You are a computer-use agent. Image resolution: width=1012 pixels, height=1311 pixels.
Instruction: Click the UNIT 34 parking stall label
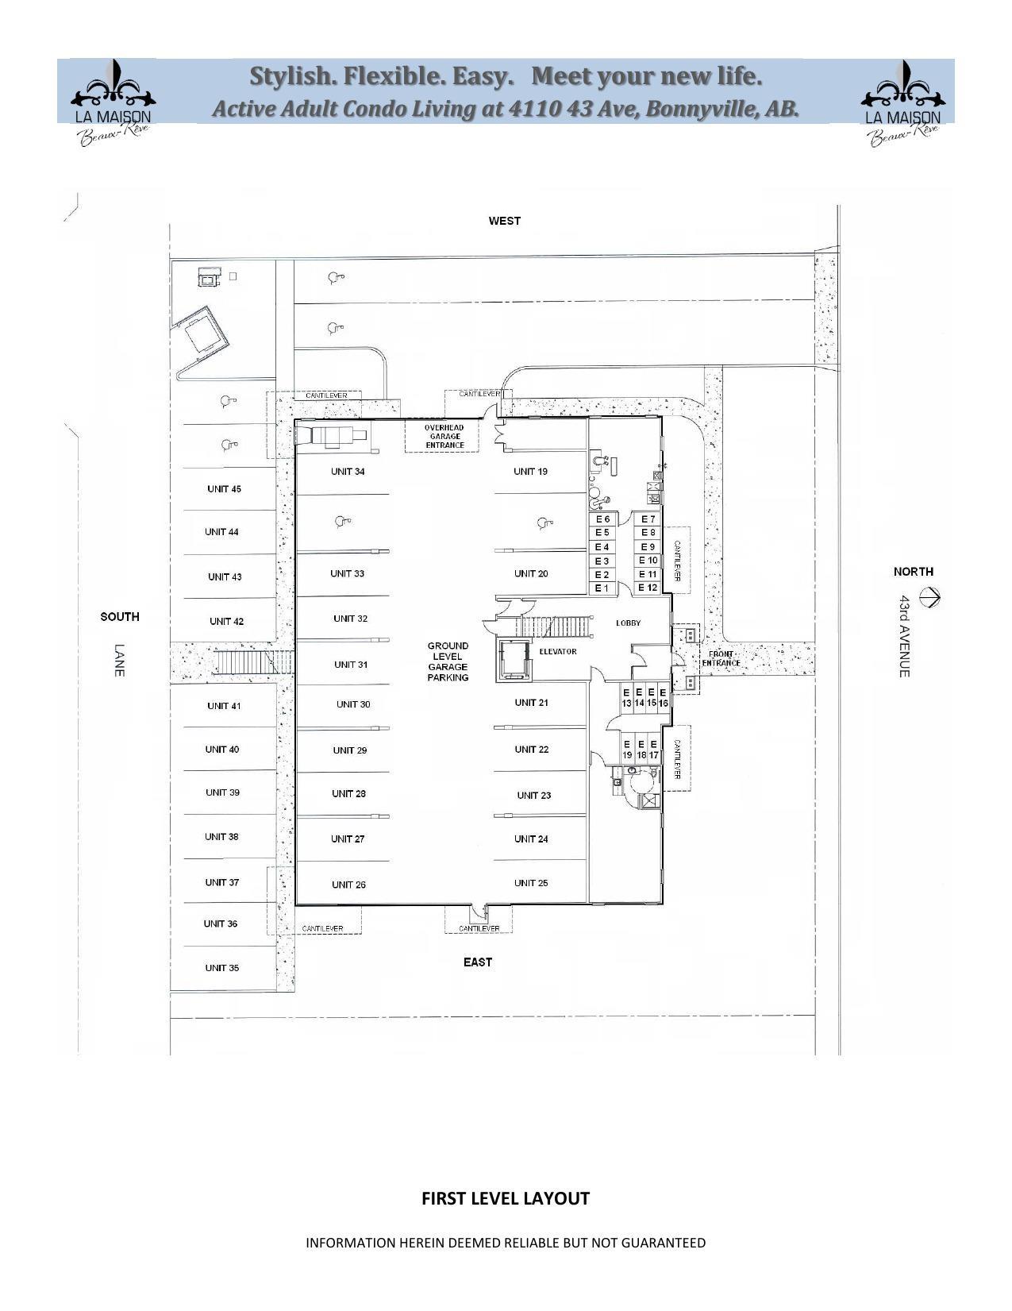pos(348,472)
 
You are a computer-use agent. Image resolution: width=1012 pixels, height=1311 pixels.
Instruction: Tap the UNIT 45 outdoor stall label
pos(224,489)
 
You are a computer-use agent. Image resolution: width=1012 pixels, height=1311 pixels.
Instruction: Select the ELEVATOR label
pos(558,652)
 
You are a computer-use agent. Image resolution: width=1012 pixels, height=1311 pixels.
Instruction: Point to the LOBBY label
pos(628,623)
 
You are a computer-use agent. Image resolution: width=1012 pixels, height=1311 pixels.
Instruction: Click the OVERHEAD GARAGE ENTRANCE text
pos(444,437)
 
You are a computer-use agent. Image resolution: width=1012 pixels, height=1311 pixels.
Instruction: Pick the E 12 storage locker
pos(648,588)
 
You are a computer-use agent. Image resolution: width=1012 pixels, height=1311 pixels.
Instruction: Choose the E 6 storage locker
pos(602,519)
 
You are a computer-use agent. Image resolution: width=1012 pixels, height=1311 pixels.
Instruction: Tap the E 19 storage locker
pos(627,750)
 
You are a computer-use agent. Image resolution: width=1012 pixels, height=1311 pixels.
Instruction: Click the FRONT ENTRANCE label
pos(721,659)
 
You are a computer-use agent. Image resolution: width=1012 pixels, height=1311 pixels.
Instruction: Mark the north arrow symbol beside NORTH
pos(929,596)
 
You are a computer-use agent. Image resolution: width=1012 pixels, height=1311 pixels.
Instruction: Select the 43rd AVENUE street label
pos(904,636)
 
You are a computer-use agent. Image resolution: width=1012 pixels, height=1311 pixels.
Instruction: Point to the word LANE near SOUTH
pos(120,660)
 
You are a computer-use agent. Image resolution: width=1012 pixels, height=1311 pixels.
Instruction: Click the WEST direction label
pos(504,221)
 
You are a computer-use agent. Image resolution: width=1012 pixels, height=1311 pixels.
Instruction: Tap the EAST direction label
pos(478,962)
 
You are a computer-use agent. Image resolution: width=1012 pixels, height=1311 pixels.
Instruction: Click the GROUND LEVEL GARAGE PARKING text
pos(448,661)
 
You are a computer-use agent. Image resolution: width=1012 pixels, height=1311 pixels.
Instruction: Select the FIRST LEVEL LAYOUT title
pos(505,1199)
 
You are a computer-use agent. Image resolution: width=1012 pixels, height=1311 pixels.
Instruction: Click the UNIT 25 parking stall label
pos(531,883)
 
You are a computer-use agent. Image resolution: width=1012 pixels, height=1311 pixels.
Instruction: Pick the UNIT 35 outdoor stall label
pos(222,968)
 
